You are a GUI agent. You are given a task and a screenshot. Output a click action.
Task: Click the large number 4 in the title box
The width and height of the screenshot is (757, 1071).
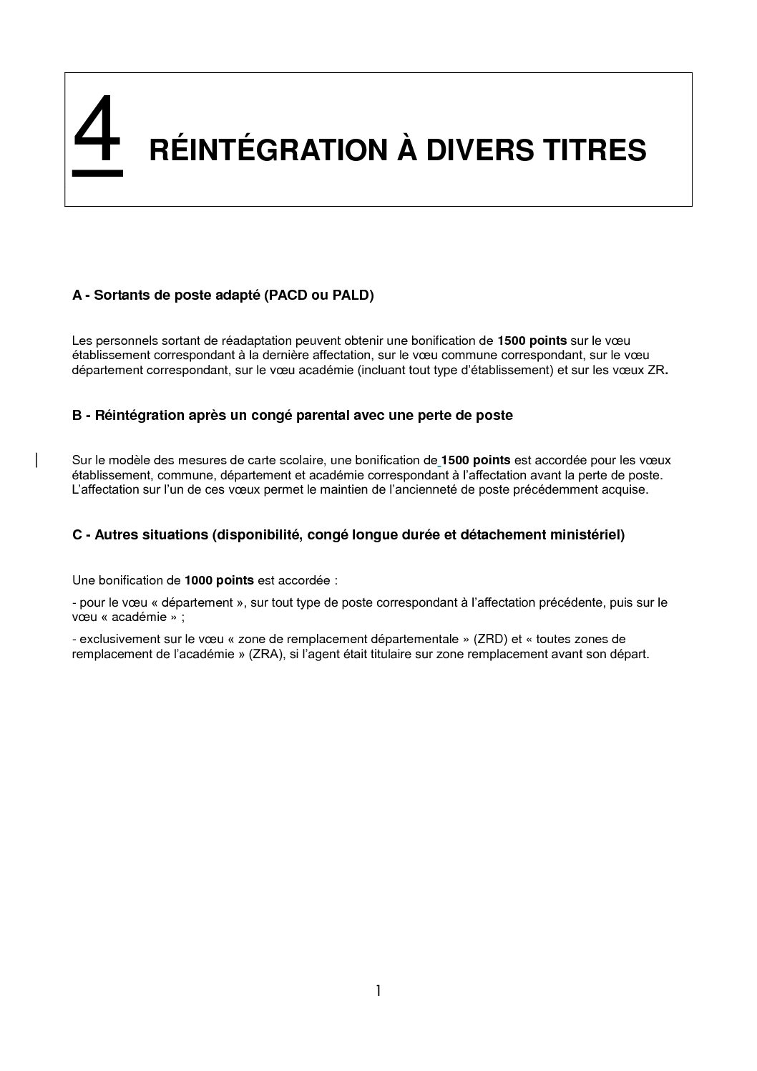click(97, 132)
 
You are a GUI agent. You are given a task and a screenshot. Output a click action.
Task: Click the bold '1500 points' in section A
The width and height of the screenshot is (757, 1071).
click(532, 341)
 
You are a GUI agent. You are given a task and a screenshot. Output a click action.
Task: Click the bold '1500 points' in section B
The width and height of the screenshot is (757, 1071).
click(476, 460)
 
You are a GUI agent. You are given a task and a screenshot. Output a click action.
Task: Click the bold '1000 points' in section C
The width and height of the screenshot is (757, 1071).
click(219, 580)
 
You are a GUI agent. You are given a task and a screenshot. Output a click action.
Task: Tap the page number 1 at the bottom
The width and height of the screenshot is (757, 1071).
click(378, 991)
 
